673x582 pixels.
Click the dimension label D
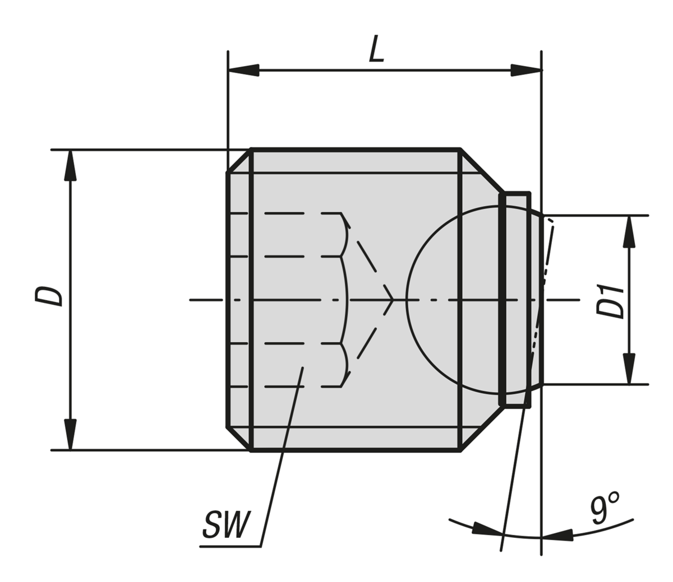click(x=49, y=295)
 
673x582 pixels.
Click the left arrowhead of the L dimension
click(x=243, y=69)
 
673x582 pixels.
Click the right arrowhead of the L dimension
click(x=526, y=71)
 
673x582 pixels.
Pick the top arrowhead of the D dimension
click(x=70, y=165)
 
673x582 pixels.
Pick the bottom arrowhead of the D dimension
click(x=70, y=434)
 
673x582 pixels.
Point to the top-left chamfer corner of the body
click(x=239, y=161)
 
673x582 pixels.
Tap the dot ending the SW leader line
click(x=302, y=368)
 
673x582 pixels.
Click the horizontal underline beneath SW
click(x=230, y=546)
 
